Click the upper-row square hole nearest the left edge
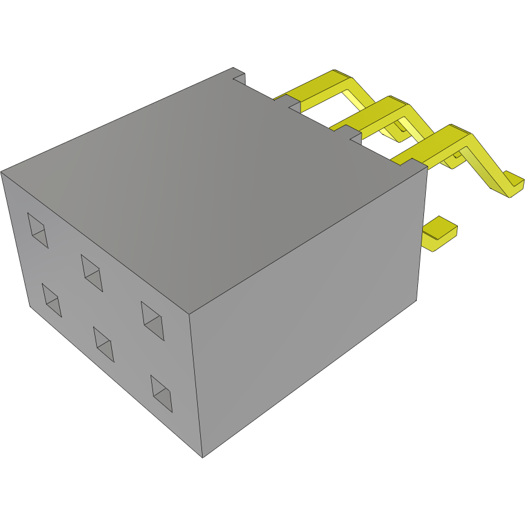click(x=37, y=230)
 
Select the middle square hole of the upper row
click(x=91, y=272)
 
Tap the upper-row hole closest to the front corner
click(x=153, y=320)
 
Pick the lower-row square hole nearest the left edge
click(x=52, y=300)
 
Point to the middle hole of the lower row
click(x=104, y=344)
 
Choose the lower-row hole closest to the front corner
click(x=161, y=393)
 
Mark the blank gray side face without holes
click(x=308, y=315)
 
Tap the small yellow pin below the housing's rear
click(x=440, y=233)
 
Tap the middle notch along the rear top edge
click(x=295, y=106)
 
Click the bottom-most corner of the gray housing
click(x=203, y=457)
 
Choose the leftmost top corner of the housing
click(x=2, y=172)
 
